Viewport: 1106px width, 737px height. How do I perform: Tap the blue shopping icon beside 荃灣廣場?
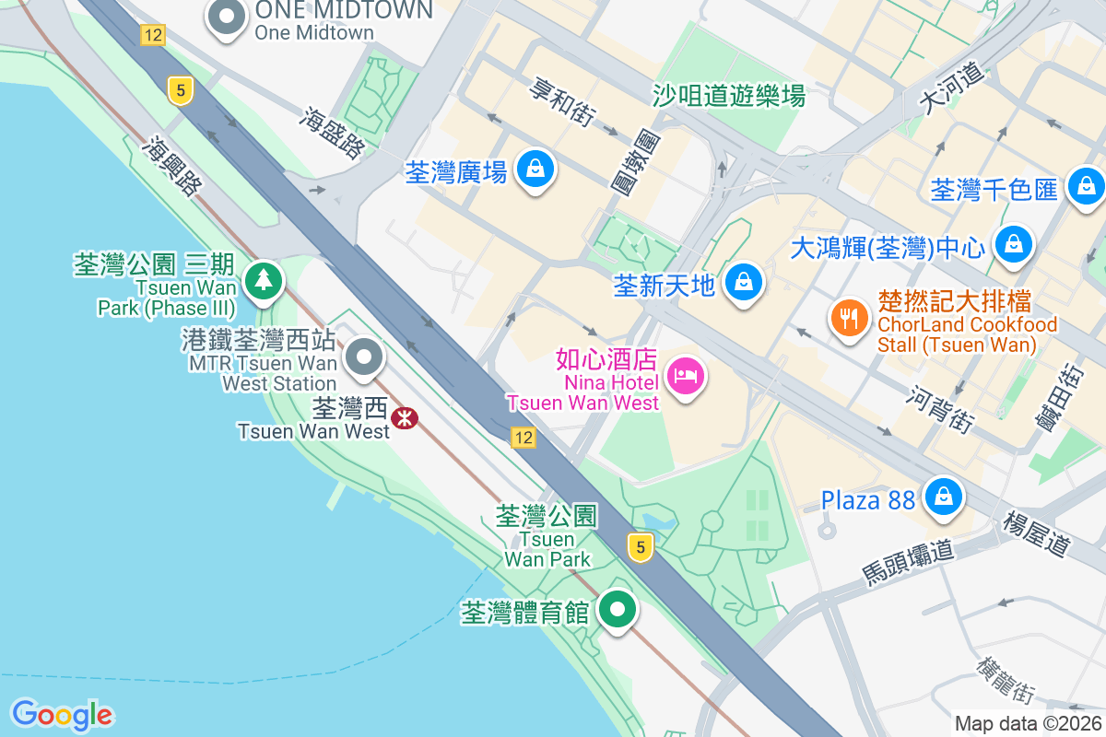click(535, 170)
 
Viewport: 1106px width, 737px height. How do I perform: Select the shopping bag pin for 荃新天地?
click(742, 281)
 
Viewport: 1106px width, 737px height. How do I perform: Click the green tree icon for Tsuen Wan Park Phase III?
click(264, 278)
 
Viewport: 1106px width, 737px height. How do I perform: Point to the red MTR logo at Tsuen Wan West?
click(404, 418)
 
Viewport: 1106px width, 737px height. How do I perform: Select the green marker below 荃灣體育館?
click(618, 610)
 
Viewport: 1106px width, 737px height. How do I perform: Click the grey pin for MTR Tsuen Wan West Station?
click(364, 357)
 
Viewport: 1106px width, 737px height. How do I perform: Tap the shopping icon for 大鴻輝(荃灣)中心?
click(1013, 245)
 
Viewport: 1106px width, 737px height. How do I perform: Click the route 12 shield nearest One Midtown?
click(153, 35)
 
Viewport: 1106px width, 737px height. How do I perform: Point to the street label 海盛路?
click(333, 131)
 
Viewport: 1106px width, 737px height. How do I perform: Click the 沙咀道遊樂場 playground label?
click(728, 95)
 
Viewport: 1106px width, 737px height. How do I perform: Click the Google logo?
click(62, 715)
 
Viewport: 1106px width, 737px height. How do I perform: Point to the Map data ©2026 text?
click(1027, 724)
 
